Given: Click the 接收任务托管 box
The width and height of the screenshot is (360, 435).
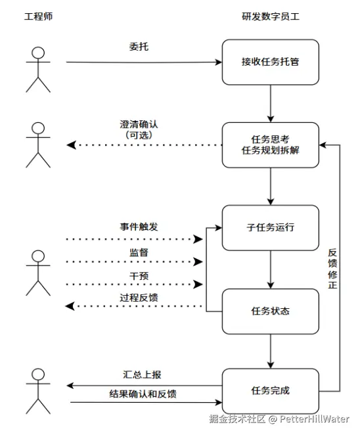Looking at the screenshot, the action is coord(271,62).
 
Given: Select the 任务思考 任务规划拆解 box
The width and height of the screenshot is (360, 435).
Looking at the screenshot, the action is coord(271,145).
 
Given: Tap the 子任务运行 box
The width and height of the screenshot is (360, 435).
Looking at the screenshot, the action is coord(271,228).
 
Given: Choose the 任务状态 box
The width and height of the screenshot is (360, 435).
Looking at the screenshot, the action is coord(271,311).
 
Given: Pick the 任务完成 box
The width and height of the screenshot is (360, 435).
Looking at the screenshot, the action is coord(271,391).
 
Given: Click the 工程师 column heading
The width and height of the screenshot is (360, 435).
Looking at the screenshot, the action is coord(38,16).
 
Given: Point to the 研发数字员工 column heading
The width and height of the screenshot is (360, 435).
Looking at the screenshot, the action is coord(271,16).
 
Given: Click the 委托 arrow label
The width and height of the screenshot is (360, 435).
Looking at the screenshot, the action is coord(139,47).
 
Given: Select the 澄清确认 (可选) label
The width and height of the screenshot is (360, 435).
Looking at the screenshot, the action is coord(139,129).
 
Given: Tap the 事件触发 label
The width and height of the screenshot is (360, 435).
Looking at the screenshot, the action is coord(139,227).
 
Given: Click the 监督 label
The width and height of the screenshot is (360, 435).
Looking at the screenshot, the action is coord(139,252).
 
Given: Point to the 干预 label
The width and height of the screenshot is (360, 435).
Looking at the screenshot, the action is coord(139,276).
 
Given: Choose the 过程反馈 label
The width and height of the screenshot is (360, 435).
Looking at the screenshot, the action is coord(139,298).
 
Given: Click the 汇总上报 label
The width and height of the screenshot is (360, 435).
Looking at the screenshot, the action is coord(142,375).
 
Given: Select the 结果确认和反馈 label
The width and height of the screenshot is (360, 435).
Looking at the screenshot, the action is coord(143,394).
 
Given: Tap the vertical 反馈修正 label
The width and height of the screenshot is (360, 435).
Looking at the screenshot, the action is coord(332,269).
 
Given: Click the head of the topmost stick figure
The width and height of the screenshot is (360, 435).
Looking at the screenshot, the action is coord(38,53).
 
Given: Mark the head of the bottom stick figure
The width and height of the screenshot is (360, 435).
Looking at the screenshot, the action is coord(38,375).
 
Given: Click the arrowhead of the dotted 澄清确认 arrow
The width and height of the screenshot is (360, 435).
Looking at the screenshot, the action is coord(72,145).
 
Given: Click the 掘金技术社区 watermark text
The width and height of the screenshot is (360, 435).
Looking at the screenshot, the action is coord(237,419).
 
